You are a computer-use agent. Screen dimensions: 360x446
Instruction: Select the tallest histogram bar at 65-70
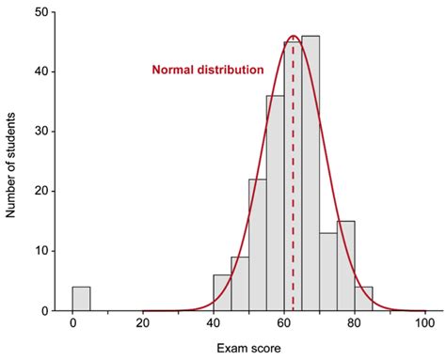pos(311,179)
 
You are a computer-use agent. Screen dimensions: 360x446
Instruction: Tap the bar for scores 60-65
pos(293,179)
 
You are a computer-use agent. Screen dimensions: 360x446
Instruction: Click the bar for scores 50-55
pos(258,246)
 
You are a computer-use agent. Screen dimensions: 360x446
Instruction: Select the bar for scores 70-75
pos(328,273)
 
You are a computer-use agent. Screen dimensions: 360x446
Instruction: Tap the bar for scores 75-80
pos(346,267)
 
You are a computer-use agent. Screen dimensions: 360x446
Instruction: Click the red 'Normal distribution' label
pos(208,70)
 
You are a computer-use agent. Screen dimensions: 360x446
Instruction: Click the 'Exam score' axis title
pos(248,348)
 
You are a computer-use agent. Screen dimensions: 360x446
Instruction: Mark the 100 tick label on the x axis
pos(425,324)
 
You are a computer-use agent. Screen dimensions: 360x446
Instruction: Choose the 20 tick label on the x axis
pos(143,324)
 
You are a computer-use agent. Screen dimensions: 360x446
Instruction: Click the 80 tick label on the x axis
pos(355,324)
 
